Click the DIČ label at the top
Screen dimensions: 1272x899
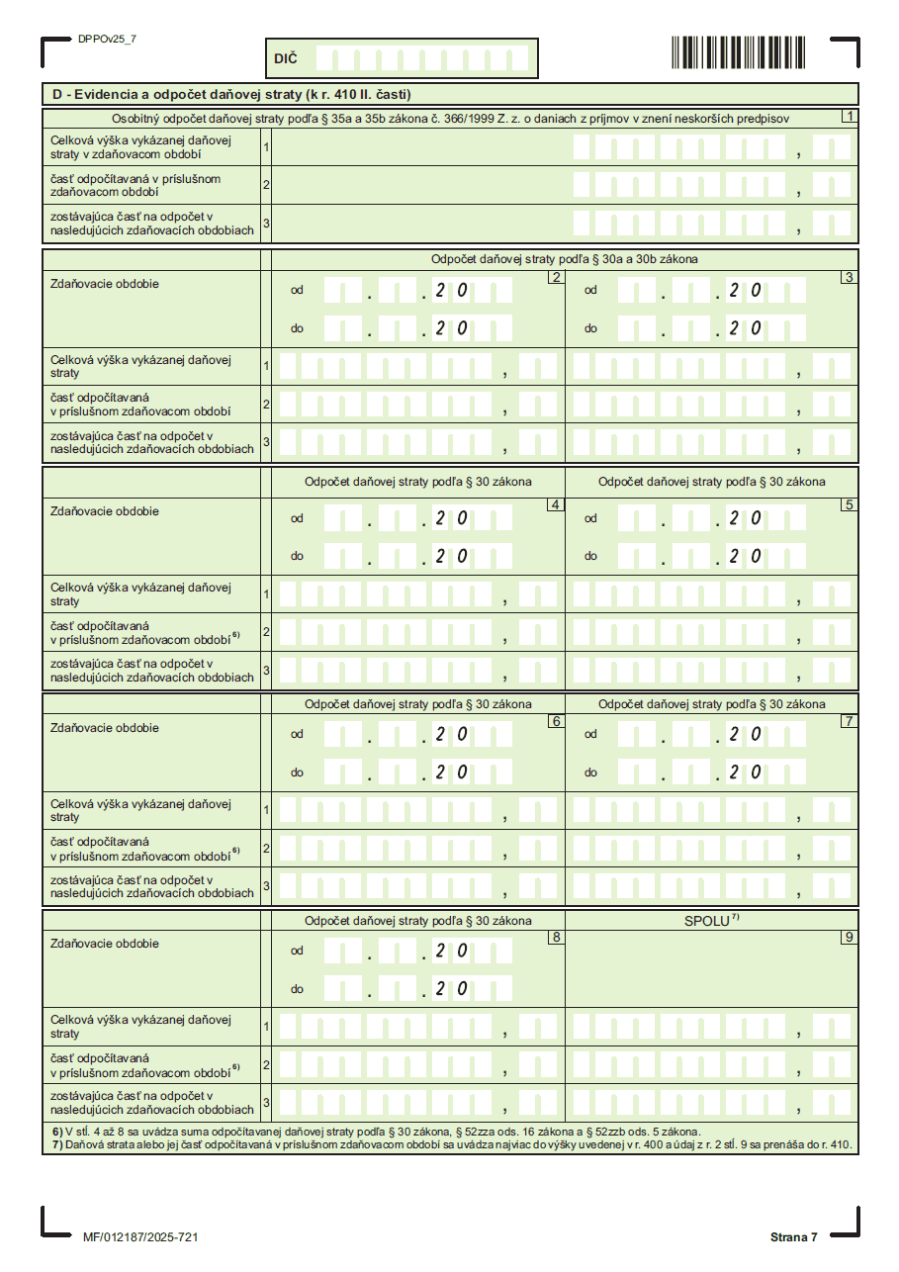(285, 59)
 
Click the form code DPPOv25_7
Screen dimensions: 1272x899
(107, 39)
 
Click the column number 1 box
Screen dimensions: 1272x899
(849, 116)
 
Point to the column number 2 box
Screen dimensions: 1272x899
(556, 277)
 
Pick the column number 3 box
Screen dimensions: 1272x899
(849, 277)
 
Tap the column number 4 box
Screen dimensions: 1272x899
(556, 504)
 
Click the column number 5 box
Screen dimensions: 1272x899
(849, 504)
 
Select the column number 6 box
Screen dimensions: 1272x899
(556, 721)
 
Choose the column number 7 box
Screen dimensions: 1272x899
(849, 721)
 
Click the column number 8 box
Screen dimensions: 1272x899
(556, 937)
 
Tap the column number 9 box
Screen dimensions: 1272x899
(849, 937)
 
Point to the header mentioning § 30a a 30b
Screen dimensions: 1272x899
(564, 259)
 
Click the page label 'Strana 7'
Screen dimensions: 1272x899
(794, 1237)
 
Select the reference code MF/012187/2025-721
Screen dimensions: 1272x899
(141, 1237)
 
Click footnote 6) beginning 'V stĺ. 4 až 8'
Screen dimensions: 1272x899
(376, 1132)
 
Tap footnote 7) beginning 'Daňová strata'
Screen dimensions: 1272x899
(454, 1144)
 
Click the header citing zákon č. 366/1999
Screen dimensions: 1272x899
(450, 119)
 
